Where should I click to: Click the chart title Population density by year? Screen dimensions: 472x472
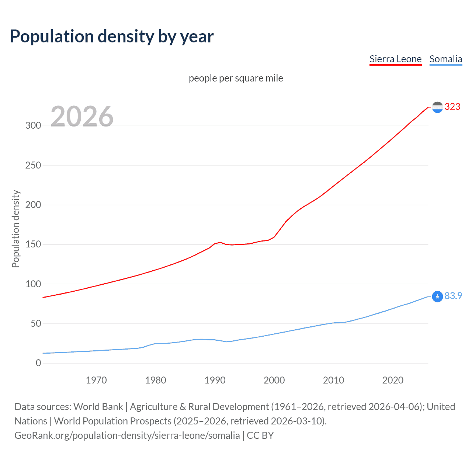pyautogui.click(x=112, y=37)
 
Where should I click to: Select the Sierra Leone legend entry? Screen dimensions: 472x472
pyautogui.click(x=395, y=59)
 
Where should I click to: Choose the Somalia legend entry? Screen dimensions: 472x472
pyautogui.click(x=445, y=59)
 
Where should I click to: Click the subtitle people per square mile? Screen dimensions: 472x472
pyautogui.click(x=236, y=78)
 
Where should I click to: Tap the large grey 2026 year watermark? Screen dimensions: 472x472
pyautogui.click(x=82, y=117)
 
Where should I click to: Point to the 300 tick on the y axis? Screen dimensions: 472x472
pyautogui.click(x=33, y=125)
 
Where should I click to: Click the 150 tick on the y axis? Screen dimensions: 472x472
pyautogui.click(x=33, y=244)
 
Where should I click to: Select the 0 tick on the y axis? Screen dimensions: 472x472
pyautogui.click(x=38, y=363)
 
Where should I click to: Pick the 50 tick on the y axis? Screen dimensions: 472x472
pyautogui.click(x=36, y=323)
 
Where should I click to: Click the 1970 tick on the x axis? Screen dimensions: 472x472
pyautogui.click(x=96, y=380)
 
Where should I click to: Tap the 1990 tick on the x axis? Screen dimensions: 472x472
pyautogui.click(x=215, y=380)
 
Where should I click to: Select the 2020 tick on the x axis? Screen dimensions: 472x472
pyautogui.click(x=393, y=380)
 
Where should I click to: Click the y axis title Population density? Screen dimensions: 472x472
pyautogui.click(x=15, y=229)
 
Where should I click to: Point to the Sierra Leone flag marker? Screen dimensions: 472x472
pyautogui.click(x=437, y=107)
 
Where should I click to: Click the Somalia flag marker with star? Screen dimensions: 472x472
pyautogui.click(x=437, y=296)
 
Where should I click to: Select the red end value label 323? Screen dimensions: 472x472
pyautogui.click(x=452, y=107)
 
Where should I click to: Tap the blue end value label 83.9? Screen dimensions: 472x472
pyautogui.click(x=453, y=296)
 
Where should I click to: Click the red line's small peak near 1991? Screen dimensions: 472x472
pyautogui.click(x=221, y=242)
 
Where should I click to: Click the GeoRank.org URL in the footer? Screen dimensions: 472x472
pyautogui.click(x=127, y=435)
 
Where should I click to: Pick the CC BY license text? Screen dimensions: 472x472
pyautogui.click(x=260, y=435)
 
